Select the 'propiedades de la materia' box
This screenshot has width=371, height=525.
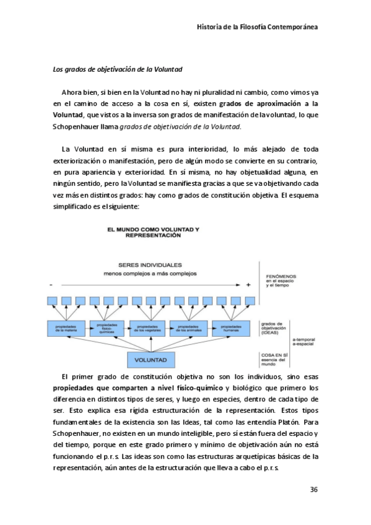click(x=66, y=329)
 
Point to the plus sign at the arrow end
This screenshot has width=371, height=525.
click(x=248, y=284)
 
